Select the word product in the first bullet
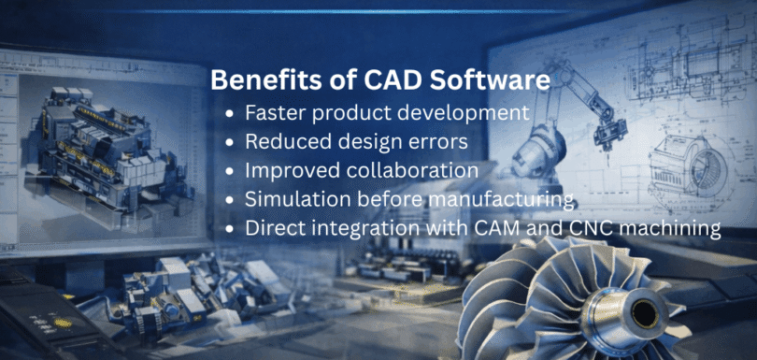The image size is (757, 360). pyautogui.click(x=353, y=113)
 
